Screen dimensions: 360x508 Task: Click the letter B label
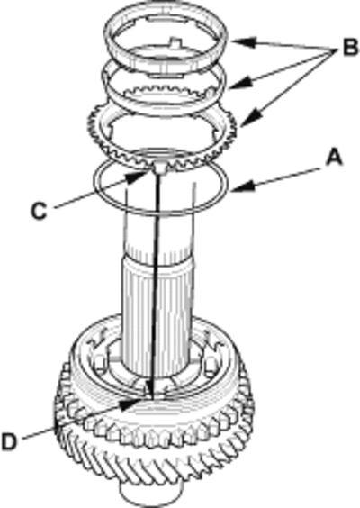pyautogui.click(x=350, y=49)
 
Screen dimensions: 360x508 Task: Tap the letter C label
pyautogui.click(x=39, y=211)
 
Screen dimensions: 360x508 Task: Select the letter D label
pyautogui.click(x=9, y=441)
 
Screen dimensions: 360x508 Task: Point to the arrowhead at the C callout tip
pyautogui.click(x=136, y=177)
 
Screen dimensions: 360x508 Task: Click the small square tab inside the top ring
pyautogui.click(x=175, y=41)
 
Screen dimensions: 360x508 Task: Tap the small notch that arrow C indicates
pyautogui.click(x=160, y=168)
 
